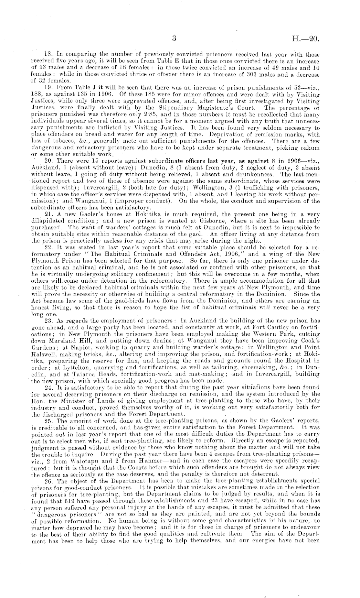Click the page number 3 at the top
click(174, 39)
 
